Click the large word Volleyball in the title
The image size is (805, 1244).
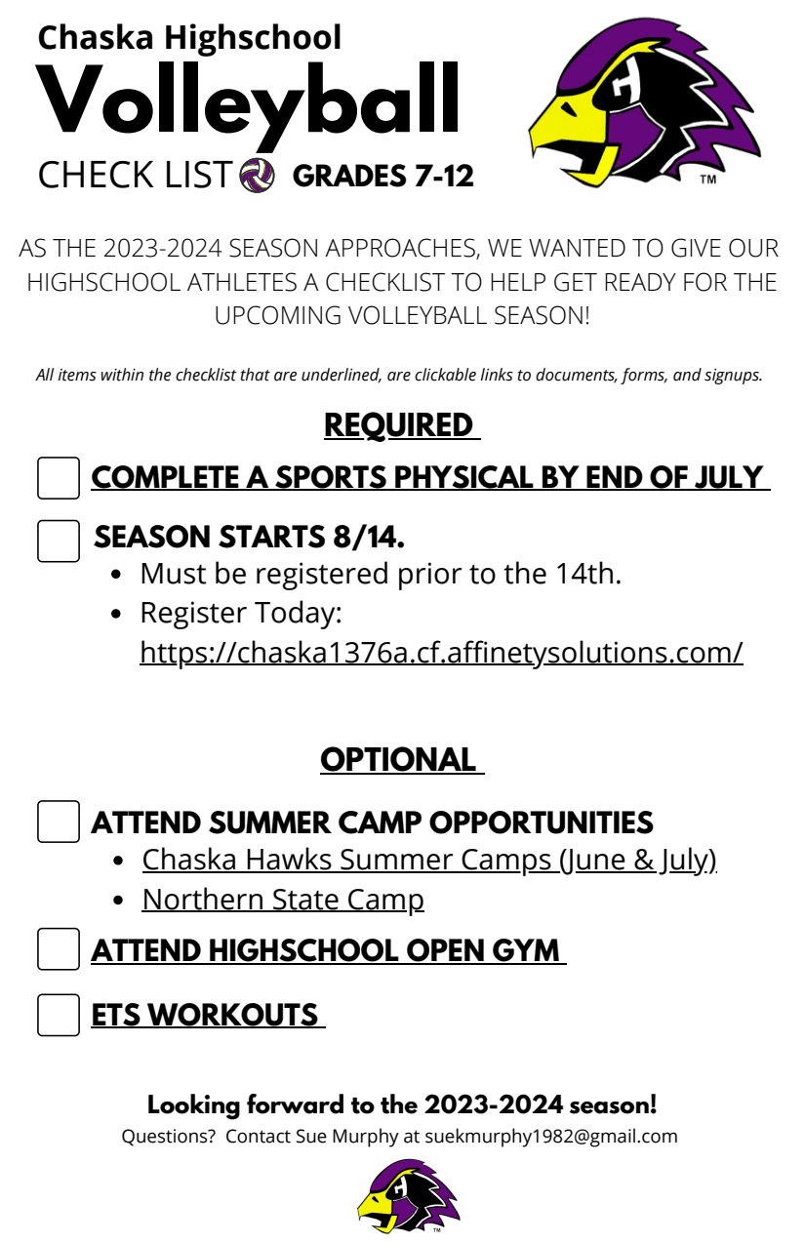pos(248,100)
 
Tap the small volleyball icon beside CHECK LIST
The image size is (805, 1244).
pos(257,176)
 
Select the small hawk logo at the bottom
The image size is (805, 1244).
pos(407,1195)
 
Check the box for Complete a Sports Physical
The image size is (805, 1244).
pos(59,478)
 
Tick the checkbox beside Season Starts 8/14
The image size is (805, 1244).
pos(59,540)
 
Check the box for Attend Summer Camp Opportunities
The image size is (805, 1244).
pos(59,822)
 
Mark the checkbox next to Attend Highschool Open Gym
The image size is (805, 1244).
pos(59,949)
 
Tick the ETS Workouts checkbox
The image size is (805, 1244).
pos(59,1015)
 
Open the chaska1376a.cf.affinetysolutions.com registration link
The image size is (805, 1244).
pos(441,651)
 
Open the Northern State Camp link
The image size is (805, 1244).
pos(283,899)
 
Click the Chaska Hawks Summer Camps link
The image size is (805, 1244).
pos(429,860)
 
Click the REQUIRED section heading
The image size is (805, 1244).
pos(400,425)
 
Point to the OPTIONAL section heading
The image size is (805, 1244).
pos(400,759)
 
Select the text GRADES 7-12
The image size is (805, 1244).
pos(382,177)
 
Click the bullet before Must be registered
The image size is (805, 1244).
pos(118,575)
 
